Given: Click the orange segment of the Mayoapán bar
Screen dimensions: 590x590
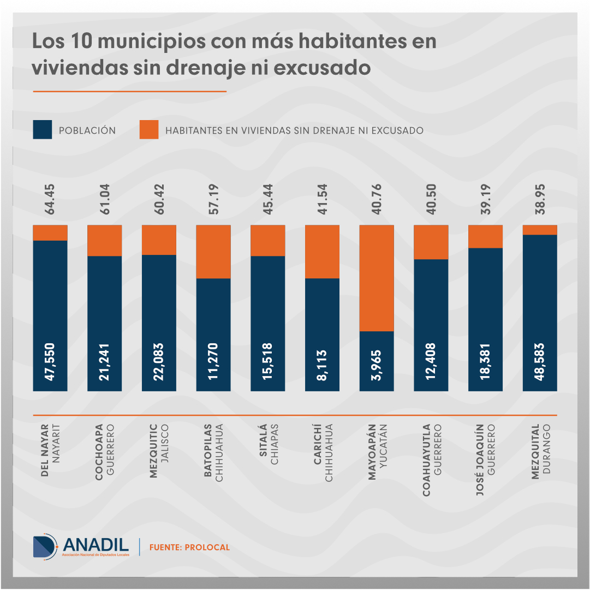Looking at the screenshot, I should coord(377,278).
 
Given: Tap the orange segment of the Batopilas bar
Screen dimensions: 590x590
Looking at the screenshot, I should coord(213,252).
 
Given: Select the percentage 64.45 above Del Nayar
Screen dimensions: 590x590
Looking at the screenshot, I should coord(50,199).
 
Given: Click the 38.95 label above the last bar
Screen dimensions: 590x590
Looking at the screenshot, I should coord(540,199).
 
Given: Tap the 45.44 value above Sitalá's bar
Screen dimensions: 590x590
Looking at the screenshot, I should coord(268,199).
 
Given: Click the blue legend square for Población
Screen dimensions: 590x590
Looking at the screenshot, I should coord(43,130).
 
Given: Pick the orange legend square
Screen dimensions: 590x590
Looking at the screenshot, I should coord(149,130).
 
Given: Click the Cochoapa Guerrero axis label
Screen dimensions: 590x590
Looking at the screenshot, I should coord(104,452).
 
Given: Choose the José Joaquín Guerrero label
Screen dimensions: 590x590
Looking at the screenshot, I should coord(485,459).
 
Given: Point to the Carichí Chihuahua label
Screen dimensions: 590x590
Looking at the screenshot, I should coord(323,452).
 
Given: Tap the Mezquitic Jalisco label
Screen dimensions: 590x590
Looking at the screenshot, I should coord(159,451).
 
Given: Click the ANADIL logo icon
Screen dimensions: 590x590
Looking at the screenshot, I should coord(45,546).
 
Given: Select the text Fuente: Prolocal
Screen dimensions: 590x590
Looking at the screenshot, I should coord(189,547).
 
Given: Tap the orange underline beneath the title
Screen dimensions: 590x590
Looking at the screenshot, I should coord(129,92).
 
